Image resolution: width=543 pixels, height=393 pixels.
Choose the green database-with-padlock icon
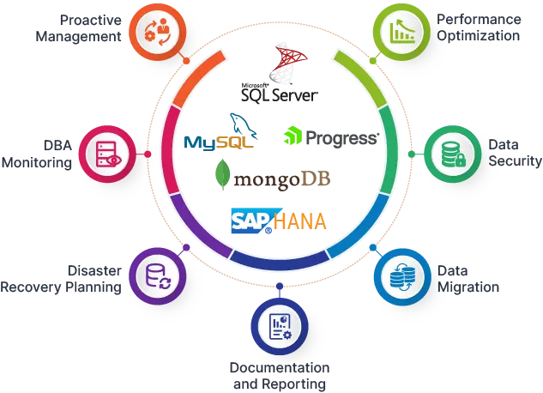coord(451,155)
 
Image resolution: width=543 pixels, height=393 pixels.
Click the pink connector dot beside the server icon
coord(148,154)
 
